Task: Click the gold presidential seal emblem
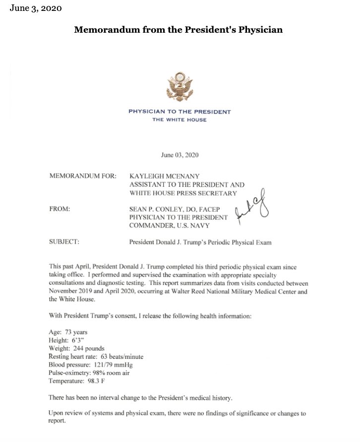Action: click(x=180, y=87)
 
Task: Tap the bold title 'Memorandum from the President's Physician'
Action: click(x=179, y=30)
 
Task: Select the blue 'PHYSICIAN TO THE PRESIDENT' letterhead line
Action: click(x=180, y=111)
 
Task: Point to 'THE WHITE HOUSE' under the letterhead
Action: click(x=180, y=120)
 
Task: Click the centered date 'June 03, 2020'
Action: click(x=180, y=155)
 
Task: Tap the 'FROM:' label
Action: click(x=60, y=209)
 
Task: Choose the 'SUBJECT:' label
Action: click(x=64, y=242)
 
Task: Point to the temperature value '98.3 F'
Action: click(x=96, y=382)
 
